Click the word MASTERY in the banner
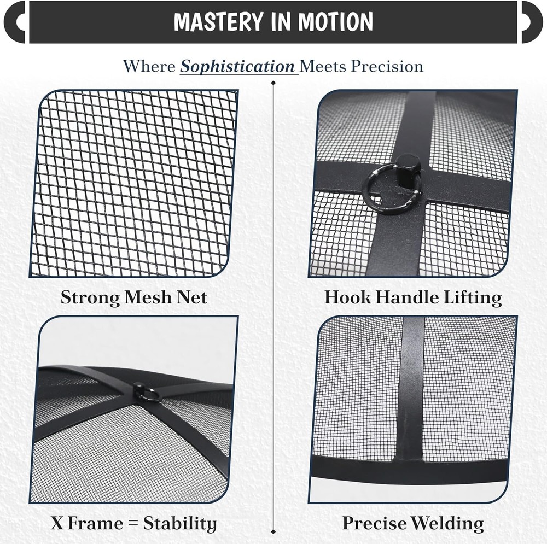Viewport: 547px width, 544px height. click(218, 22)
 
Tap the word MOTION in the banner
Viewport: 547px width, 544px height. click(335, 22)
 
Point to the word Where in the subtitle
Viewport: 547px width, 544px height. click(149, 66)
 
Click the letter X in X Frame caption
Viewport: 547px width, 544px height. click(57, 523)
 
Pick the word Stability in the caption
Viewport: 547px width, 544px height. click(180, 524)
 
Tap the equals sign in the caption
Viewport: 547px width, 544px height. click(133, 524)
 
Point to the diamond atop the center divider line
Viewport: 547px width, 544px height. click(273, 83)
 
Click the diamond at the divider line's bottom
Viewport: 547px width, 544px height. click(273, 532)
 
